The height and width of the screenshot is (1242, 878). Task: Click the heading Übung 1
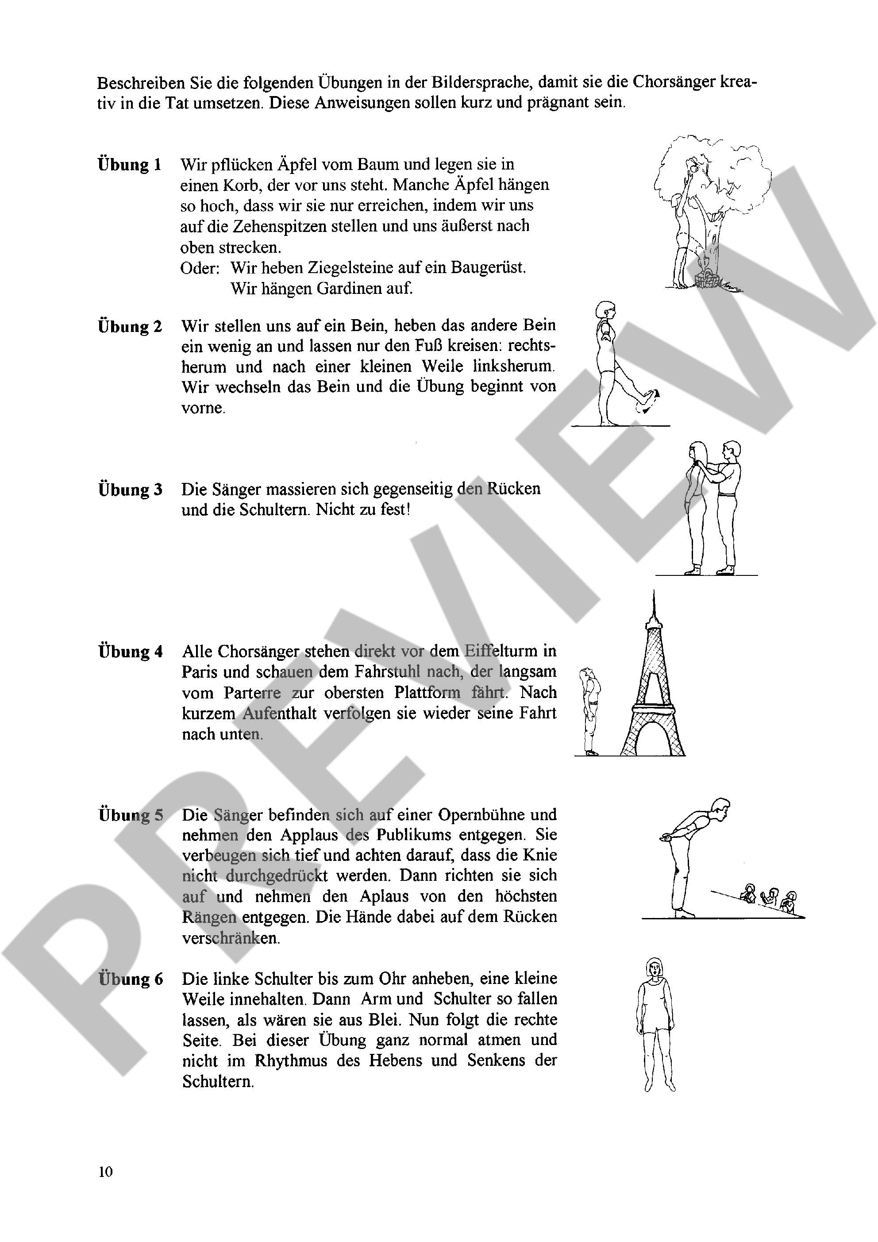130,165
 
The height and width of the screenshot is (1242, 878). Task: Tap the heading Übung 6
131,979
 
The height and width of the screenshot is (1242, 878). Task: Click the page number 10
105,1172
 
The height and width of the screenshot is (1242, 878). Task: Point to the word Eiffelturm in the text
510,651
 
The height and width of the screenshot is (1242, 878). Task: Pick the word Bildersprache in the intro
479,82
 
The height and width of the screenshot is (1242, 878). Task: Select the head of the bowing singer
721,810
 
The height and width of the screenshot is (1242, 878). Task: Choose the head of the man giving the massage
732,450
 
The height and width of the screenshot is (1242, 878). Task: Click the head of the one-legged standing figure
604,311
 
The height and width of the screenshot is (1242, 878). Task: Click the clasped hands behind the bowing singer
666,838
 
